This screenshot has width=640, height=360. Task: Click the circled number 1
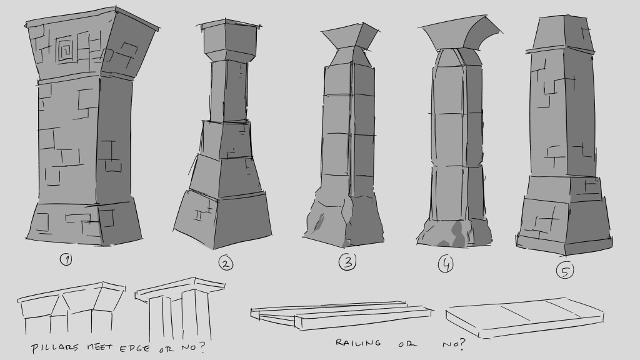66,259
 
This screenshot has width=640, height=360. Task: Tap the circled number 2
226,263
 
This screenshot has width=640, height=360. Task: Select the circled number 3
347,262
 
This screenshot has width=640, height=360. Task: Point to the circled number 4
446,264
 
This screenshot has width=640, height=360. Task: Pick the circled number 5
565,270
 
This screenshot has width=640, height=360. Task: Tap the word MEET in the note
99,347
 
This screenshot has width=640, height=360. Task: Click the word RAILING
358,342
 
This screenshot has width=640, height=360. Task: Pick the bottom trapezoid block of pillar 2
222,218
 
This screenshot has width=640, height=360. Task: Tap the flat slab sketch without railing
524,317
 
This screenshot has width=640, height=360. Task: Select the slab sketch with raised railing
341,315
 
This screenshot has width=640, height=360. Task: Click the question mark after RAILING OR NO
461,344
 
